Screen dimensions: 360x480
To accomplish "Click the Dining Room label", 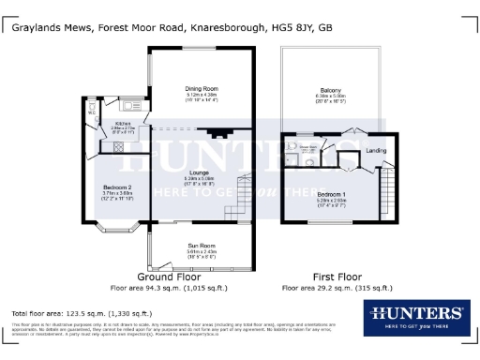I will pos(202,88).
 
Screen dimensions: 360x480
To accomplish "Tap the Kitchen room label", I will pos(123,122).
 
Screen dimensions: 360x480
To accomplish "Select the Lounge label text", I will pos(201,172).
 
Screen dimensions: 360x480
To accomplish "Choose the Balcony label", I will pos(329,90).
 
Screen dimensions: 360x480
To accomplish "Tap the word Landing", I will pos(376,150).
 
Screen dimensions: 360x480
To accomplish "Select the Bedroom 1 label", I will pos(332,193).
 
